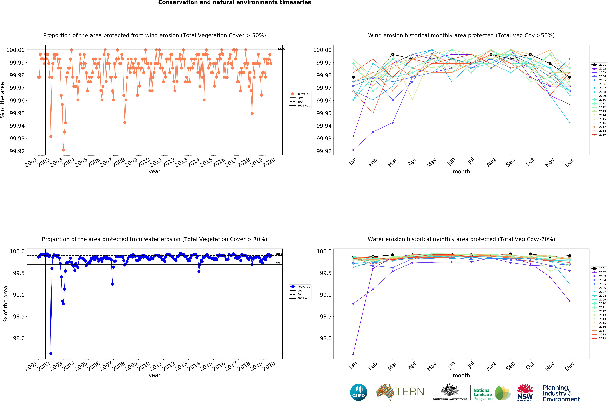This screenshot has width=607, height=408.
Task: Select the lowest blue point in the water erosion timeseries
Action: point(51,354)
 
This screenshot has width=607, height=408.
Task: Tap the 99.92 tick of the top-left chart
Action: point(17,151)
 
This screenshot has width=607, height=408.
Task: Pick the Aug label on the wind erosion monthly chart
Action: point(491,162)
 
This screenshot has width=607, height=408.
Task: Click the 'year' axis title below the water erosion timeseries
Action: point(154,375)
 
